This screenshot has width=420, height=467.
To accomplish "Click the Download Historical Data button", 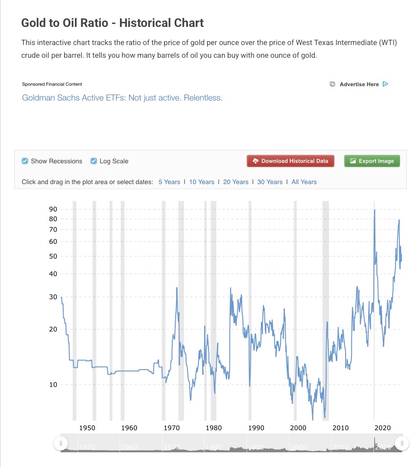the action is (x=290, y=161).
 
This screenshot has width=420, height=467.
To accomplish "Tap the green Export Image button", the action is (x=372, y=161).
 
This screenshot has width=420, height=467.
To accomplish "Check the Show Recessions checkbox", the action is (x=25, y=161).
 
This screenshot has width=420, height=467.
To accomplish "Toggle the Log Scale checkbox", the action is (x=93, y=161).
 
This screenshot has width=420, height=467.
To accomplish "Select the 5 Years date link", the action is (x=169, y=182).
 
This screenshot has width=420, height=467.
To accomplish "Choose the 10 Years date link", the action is (x=202, y=182).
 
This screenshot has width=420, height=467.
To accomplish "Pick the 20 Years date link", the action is (x=235, y=182).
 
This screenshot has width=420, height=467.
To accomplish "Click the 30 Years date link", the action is (x=270, y=182).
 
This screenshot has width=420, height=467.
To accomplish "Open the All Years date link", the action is (x=304, y=182).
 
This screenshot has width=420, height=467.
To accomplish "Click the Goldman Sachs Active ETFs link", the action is (x=122, y=98).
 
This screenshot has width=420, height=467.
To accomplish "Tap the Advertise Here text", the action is (x=359, y=84).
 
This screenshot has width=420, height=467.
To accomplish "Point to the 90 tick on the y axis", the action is (x=53, y=209).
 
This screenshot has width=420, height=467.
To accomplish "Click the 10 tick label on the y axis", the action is (x=53, y=384).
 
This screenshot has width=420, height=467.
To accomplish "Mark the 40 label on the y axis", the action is (x=53, y=274).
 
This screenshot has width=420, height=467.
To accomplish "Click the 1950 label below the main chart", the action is (x=87, y=428).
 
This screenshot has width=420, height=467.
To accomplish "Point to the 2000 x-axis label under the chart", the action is (x=298, y=428).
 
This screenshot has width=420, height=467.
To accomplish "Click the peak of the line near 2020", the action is (x=374, y=210).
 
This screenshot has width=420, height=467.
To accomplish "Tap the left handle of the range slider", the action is (x=61, y=443).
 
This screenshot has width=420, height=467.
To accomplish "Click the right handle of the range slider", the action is (x=402, y=443).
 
